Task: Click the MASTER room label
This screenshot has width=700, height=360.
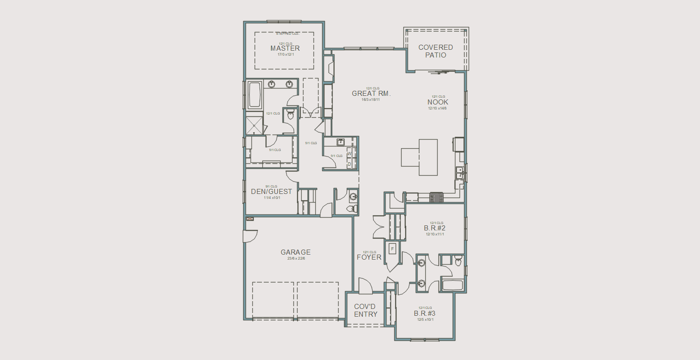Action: pos(285,48)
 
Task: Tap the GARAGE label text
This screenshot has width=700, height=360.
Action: pos(296,252)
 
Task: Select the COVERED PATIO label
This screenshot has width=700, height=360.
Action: pos(436,51)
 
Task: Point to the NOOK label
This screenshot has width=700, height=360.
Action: pos(438,102)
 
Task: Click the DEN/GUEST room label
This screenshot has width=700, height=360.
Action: pos(272,192)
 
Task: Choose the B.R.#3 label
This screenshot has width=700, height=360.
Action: pos(425,313)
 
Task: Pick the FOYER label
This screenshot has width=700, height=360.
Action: pos(369,257)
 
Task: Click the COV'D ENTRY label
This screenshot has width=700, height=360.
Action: pos(366,310)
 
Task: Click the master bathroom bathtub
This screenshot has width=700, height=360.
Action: pos(254,94)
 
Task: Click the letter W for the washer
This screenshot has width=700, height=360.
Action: pos(349,154)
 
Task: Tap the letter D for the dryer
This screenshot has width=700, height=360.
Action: pos(349,164)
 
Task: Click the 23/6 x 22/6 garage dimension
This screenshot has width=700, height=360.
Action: pos(296,259)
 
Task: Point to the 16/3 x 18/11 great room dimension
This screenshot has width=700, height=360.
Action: pos(371,99)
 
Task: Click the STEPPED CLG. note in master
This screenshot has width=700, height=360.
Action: pos(285,34)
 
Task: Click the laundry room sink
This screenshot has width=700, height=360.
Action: pos(340,142)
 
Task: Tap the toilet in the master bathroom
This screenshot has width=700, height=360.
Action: pos(289,115)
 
